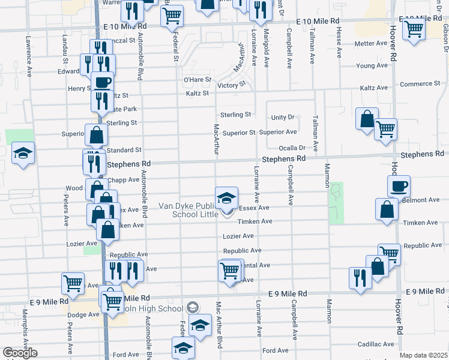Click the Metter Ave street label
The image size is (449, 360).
tap(371, 43)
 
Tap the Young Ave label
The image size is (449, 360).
tap(372, 65)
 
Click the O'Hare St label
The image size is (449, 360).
tap(197, 79)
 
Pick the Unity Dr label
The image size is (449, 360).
tap(283, 118)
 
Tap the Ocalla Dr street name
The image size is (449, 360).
tap(292, 148)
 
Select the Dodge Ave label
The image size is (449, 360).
tap(83, 314)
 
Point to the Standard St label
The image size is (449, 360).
tap(124, 149)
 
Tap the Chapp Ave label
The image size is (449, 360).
tap(123, 178)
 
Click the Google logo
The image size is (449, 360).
tap(20, 353)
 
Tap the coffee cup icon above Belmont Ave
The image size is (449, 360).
tap(399, 185)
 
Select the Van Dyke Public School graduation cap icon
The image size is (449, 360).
tap(227, 197)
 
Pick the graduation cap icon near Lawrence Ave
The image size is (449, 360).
tap(23, 153)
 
